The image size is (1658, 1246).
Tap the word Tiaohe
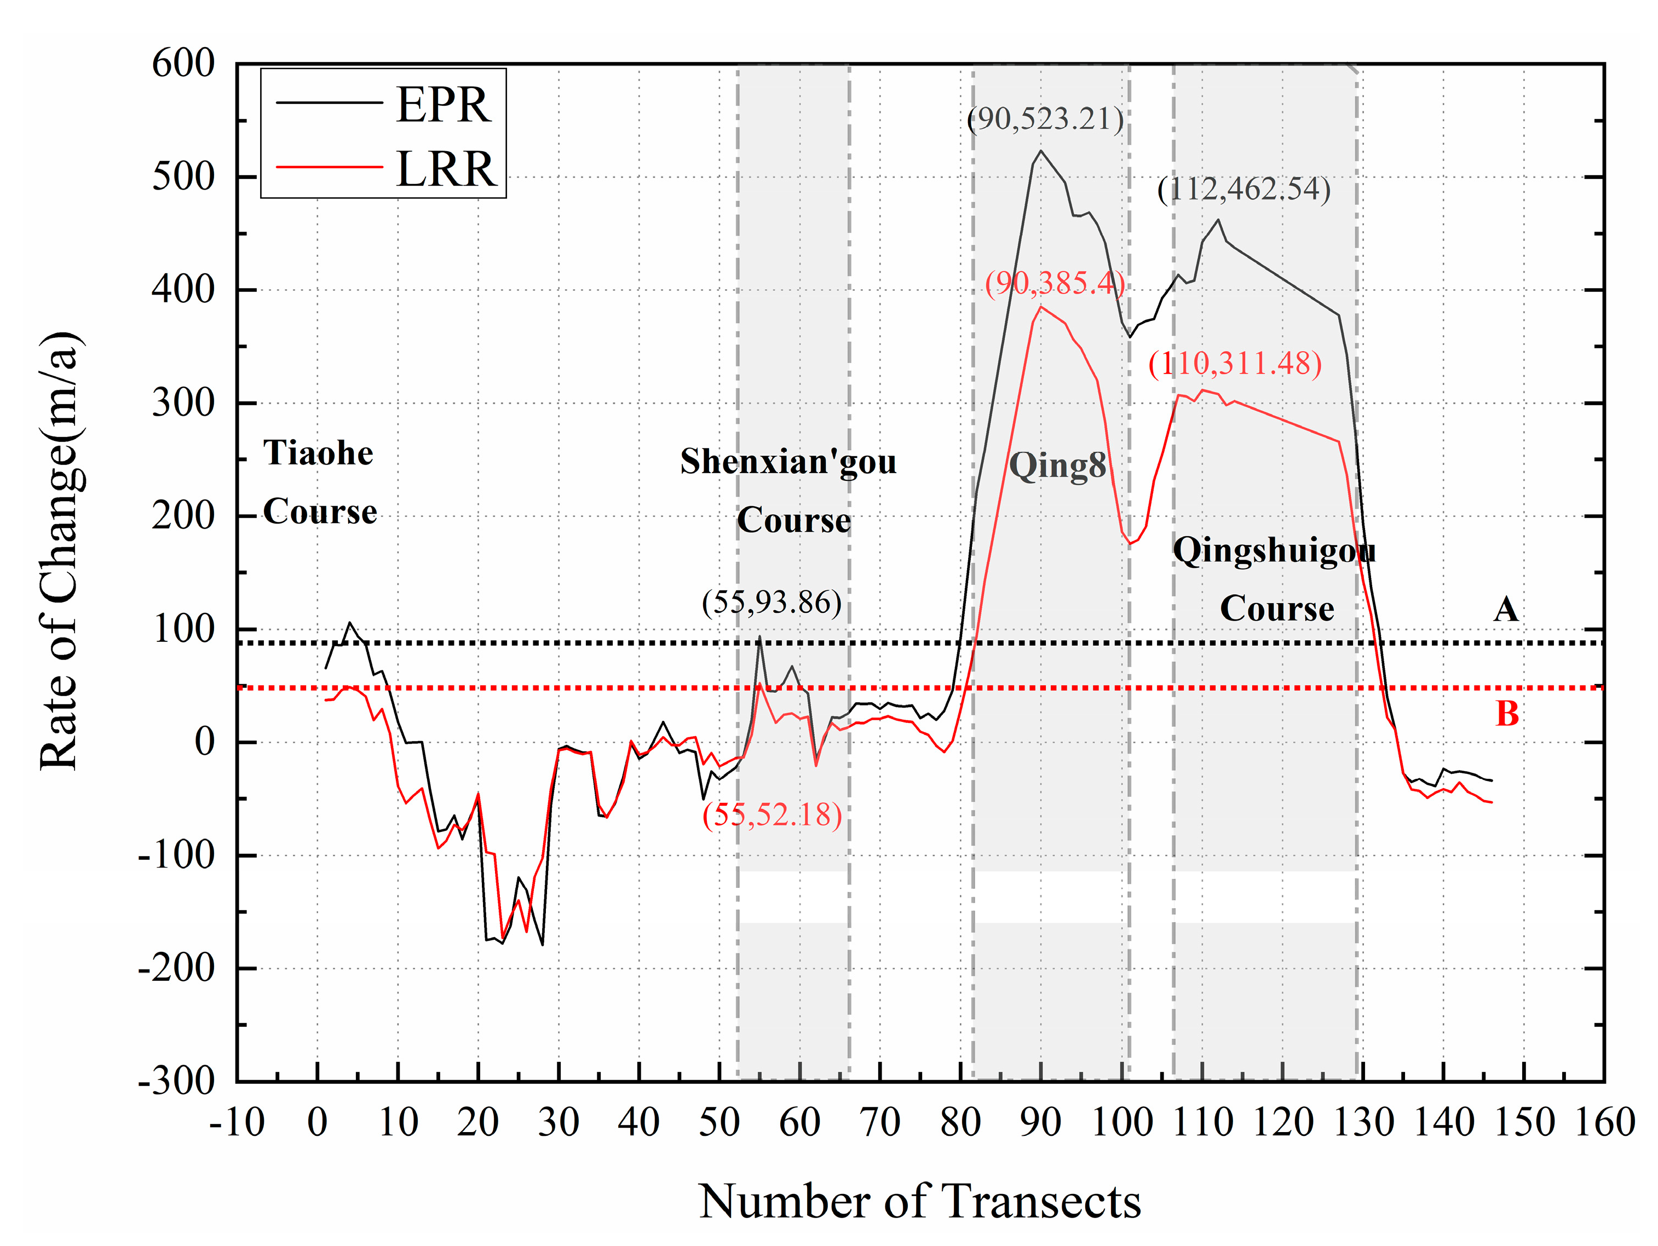pyautogui.click(x=318, y=453)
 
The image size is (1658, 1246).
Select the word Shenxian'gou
pyautogui.click(x=788, y=462)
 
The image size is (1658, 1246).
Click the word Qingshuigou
pyautogui.click(x=1274, y=550)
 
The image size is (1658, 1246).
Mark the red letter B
pyautogui.click(x=1506, y=714)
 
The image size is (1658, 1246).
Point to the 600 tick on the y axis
pyautogui.click(x=183, y=64)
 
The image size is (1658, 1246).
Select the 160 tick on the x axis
pyautogui.click(x=1604, y=1122)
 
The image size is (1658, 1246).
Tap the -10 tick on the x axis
pyautogui.click(x=237, y=1122)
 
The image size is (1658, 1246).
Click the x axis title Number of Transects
pyautogui.click(x=920, y=1202)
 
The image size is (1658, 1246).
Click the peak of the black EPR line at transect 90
pyautogui.click(x=1040, y=151)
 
